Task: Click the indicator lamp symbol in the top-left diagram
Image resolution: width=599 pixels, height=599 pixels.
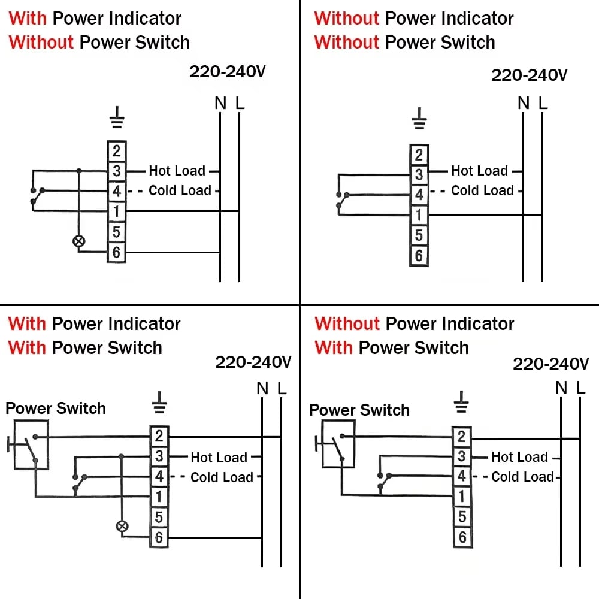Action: click(x=78, y=241)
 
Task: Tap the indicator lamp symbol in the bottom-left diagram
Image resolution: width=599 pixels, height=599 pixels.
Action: click(x=122, y=527)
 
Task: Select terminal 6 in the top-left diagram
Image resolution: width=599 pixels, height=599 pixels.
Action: click(x=116, y=252)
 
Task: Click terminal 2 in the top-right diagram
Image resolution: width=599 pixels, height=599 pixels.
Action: click(x=419, y=155)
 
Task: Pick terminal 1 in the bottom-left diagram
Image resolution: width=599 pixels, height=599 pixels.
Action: click(x=159, y=497)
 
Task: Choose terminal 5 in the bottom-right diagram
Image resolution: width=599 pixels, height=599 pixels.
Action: click(x=461, y=516)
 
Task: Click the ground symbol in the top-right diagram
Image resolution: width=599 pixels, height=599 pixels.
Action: click(x=420, y=119)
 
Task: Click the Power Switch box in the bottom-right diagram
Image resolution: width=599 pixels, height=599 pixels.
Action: click(x=338, y=444)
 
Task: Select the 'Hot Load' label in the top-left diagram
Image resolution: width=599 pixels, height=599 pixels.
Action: click(x=177, y=171)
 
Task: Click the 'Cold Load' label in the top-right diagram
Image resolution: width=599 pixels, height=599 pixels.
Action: click(x=482, y=190)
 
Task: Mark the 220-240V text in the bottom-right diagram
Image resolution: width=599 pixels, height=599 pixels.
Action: click(x=551, y=364)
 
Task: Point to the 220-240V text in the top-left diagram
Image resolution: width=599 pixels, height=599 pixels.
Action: click(x=228, y=72)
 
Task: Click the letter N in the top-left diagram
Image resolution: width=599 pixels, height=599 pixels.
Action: click(x=220, y=104)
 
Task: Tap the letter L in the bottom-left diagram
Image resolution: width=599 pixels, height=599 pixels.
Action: click(x=282, y=389)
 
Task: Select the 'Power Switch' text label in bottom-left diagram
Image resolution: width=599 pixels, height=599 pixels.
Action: click(x=56, y=409)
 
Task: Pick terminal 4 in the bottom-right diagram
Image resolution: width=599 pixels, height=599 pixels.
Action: click(x=461, y=476)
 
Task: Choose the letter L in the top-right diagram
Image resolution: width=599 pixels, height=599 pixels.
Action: click(x=543, y=104)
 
